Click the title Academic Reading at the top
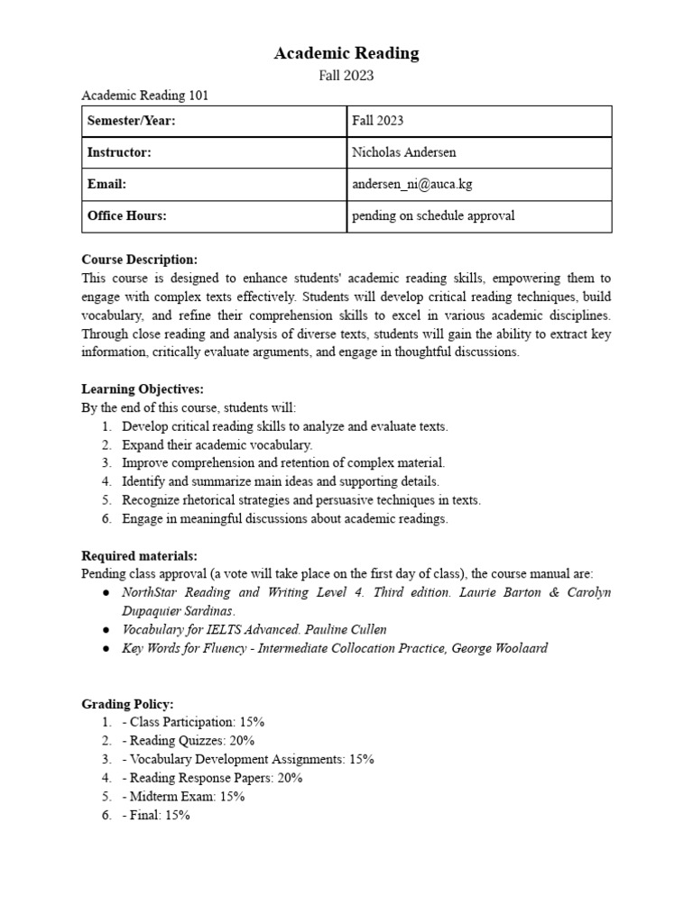(346, 53)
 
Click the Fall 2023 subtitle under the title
(346, 76)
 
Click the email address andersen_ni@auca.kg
(412, 184)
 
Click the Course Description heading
(139, 260)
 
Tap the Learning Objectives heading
(143, 388)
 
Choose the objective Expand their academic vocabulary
(217, 444)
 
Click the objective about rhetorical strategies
(300, 500)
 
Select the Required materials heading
(139, 555)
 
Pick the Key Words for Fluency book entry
(334, 648)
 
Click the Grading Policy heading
(127, 703)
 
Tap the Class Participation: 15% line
(192, 722)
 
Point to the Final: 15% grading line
(155, 815)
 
